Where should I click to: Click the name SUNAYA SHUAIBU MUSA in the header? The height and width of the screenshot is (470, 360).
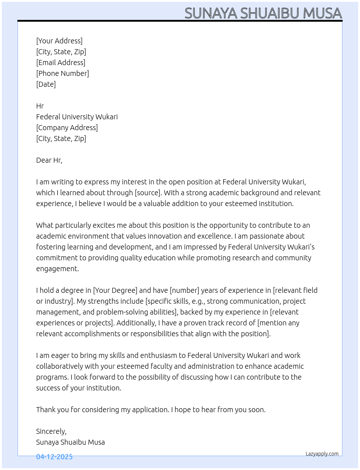pyautogui.click(x=263, y=13)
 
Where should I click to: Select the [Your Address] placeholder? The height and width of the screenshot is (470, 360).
pyautogui.click(x=59, y=41)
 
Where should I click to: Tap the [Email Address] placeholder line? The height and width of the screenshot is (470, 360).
pyautogui.click(x=61, y=63)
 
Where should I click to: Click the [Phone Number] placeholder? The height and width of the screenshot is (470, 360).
pyautogui.click(x=63, y=73)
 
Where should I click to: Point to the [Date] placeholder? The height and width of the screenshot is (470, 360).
pyautogui.click(x=46, y=84)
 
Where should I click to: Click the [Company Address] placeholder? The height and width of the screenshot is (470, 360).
pyautogui.click(x=67, y=128)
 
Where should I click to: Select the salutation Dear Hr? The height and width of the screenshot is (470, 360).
pyautogui.click(x=49, y=160)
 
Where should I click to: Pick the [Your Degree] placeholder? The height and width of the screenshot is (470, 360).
pyautogui.click(x=115, y=290)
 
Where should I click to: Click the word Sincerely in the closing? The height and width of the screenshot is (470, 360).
pyautogui.click(x=51, y=431)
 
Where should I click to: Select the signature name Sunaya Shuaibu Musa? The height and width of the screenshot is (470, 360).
pyautogui.click(x=70, y=442)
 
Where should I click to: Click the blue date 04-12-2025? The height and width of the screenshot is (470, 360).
pyautogui.click(x=54, y=457)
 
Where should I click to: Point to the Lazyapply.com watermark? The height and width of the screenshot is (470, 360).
pyautogui.click(x=322, y=454)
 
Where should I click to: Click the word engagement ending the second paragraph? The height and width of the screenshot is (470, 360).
pyautogui.click(x=57, y=269)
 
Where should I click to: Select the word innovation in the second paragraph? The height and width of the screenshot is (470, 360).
pyautogui.click(x=165, y=236)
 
